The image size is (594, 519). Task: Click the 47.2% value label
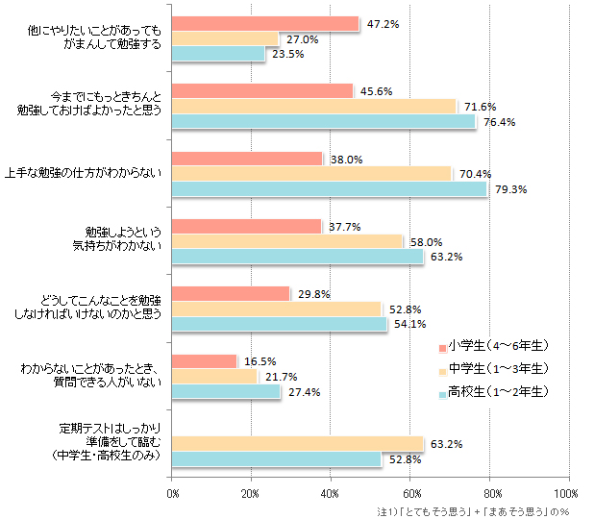pyautogui.click(x=383, y=24)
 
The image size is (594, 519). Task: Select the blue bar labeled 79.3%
pyautogui.click(x=329, y=188)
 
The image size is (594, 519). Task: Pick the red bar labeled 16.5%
pyautogui.click(x=204, y=361)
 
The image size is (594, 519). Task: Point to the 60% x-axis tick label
pyautogui.click(x=410, y=494)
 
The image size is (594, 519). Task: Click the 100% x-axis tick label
pyautogui.click(x=568, y=494)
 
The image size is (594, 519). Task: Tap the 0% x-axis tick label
pyautogui.click(x=174, y=494)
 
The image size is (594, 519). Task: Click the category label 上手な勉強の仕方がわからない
pyautogui.click(x=98, y=173)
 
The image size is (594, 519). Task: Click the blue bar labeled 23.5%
pyautogui.click(x=218, y=54)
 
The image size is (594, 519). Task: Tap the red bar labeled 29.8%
pyautogui.click(x=231, y=293)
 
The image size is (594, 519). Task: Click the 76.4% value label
pyautogui.click(x=500, y=122)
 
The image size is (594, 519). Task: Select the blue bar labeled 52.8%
pyautogui.click(x=277, y=458)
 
